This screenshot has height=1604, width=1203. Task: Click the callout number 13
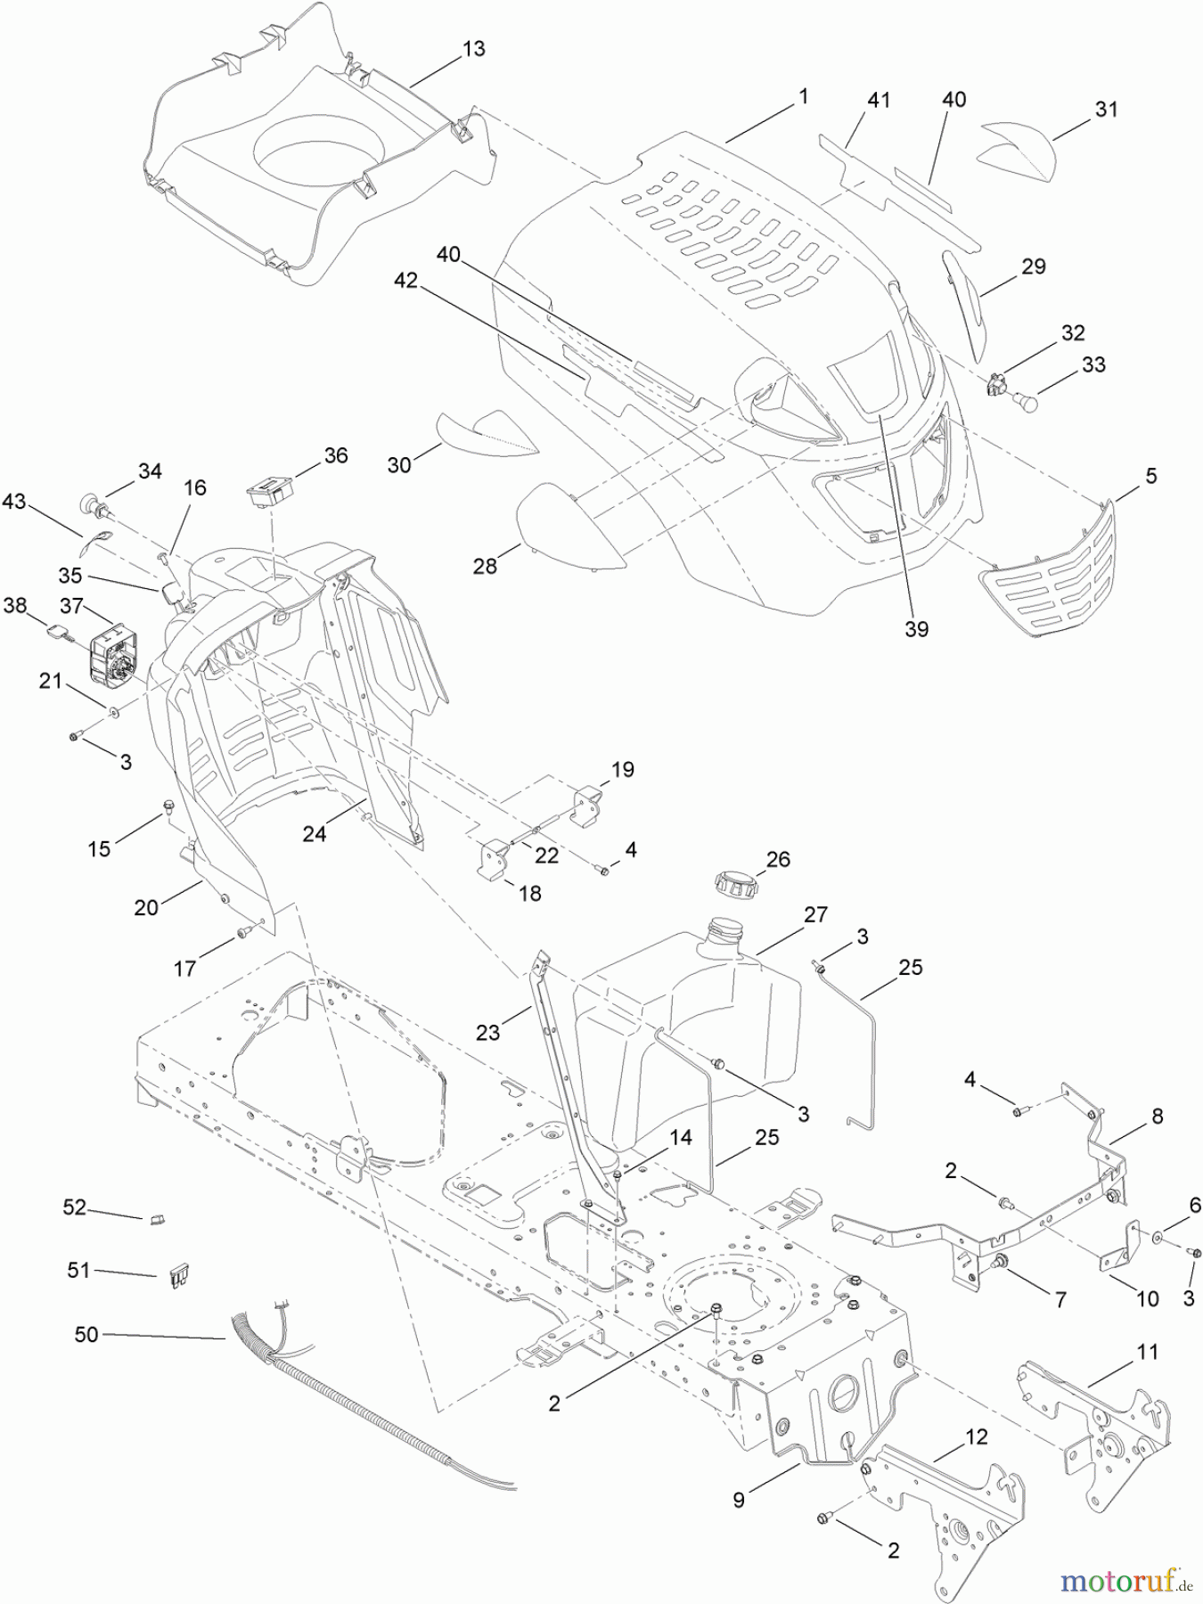(474, 49)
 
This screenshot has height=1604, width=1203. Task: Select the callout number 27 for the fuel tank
(814, 914)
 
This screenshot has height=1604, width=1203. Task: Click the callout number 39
(916, 628)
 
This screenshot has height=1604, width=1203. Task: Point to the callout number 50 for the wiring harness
(86, 1335)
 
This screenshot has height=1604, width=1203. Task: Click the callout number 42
(405, 281)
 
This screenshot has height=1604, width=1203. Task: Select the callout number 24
(314, 833)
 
